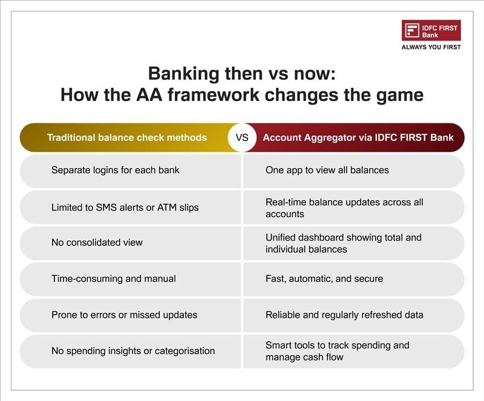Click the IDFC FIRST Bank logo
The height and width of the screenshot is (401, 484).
431,31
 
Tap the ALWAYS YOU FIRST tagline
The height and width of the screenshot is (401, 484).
431,47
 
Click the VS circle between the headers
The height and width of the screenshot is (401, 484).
242,137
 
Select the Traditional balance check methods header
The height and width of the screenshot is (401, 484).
126,137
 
